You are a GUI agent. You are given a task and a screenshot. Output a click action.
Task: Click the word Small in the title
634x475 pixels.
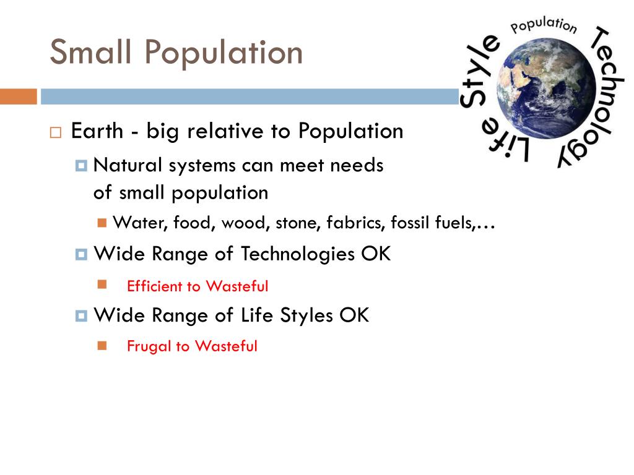[91, 52]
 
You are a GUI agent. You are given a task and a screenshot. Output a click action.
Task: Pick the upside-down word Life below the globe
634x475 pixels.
[508, 143]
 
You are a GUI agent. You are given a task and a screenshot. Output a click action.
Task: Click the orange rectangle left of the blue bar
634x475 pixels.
[18, 96]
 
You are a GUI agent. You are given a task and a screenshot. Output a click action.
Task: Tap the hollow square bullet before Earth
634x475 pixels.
[56, 132]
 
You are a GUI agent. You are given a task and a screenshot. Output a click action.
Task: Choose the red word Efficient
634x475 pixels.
[155, 286]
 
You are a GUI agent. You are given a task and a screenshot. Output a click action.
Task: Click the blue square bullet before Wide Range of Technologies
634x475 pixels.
[81, 254]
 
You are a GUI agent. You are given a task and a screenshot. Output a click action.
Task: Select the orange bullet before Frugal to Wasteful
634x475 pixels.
[102, 345]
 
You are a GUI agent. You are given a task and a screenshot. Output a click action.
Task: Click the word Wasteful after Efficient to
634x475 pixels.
[237, 286]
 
